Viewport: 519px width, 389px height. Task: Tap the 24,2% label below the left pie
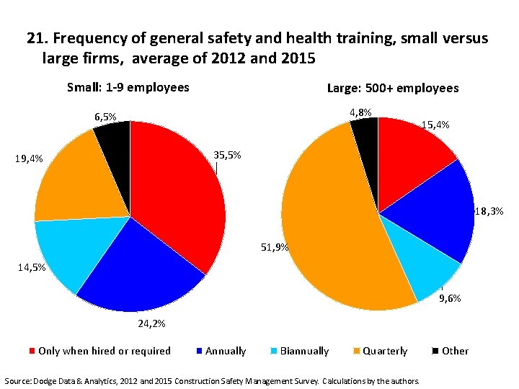tap(151, 323)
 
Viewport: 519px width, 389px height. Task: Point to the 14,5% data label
tap(32, 267)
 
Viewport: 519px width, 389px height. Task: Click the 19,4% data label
tap(28, 158)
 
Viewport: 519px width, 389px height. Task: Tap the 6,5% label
tap(105, 116)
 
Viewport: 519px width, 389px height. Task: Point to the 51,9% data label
tap(275, 247)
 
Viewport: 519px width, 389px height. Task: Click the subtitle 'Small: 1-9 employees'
tap(128, 87)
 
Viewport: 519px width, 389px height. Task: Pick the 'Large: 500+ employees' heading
tap(392, 88)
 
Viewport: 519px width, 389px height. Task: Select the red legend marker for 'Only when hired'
tap(32, 351)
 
